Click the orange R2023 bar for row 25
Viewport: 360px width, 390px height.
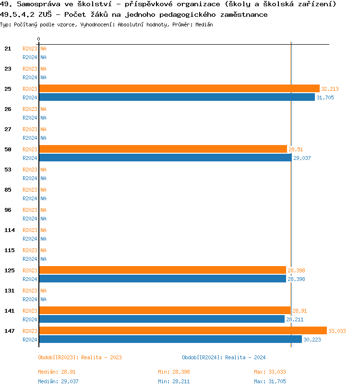point(179,88)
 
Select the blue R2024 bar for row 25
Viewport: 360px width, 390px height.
point(177,97)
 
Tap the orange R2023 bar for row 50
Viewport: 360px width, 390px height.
point(163,149)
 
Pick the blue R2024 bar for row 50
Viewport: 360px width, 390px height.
point(165,158)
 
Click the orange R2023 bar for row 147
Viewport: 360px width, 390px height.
point(182,330)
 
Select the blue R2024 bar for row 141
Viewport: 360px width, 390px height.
point(162,319)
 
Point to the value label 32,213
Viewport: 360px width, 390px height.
point(330,89)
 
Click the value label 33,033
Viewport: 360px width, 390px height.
point(336,331)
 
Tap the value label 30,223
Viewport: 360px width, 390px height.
point(312,340)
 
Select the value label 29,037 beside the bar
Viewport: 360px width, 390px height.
point(301,158)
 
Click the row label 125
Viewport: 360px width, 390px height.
point(10,270)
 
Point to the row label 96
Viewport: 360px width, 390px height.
point(8,210)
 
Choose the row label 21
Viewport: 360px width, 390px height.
point(8,49)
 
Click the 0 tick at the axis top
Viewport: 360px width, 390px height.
point(39,39)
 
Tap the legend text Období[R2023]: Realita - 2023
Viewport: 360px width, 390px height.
point(80,357)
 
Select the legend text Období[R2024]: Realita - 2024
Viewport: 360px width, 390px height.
point(224,357)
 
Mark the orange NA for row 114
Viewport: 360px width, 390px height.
point(43,230)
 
